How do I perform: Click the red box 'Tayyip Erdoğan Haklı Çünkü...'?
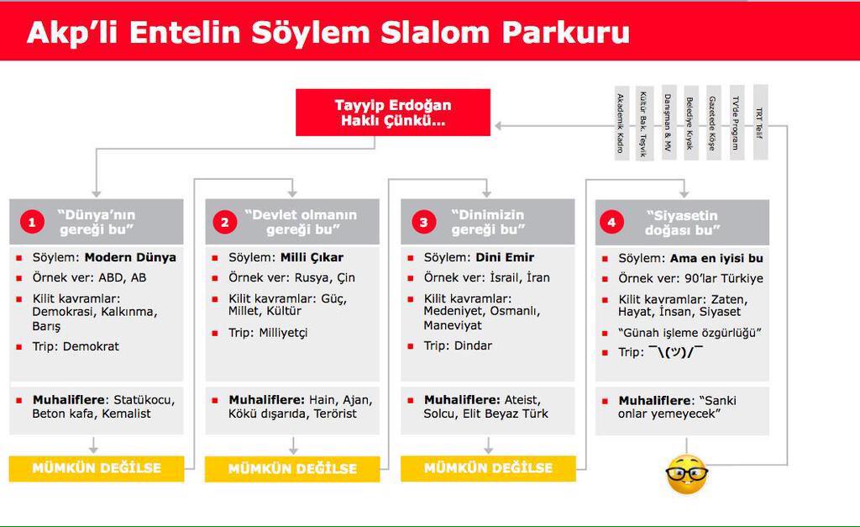coord(393,113)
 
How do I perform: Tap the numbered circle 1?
coord(32,222)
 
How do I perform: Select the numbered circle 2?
coord(224,222)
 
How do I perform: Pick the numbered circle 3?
coord(423,222)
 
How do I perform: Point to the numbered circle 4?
coord(611,222)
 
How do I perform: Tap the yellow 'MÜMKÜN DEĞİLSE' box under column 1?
coord(97,468)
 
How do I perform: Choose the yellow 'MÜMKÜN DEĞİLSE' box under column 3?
coord(488,468)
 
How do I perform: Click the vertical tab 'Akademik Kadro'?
coord(621,123)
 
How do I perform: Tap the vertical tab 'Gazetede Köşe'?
coord(713,123)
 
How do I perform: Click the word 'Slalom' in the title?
coord(436,31)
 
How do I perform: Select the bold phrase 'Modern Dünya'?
coord(130,257)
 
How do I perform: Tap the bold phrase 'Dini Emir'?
coord(505,257)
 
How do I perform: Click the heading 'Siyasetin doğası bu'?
coord(683,222)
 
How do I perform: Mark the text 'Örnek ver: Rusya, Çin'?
coord(291,277)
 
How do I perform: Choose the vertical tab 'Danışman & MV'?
coord(668,123)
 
